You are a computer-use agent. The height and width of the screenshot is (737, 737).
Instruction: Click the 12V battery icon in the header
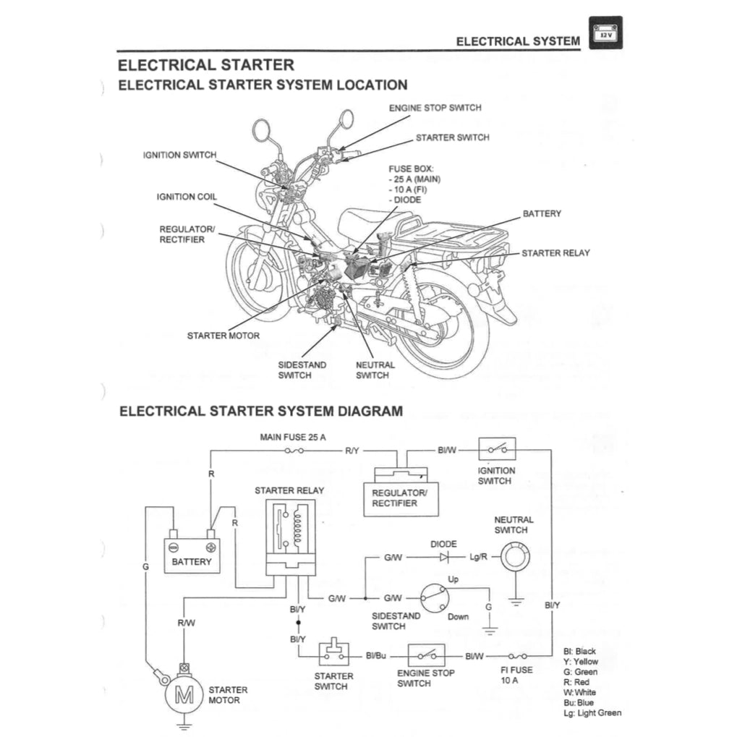click(605, 33)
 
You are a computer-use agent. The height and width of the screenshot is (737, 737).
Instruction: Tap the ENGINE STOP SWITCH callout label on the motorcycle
click(435, 108)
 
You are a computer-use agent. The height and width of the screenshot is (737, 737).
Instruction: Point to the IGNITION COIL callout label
click(187, 197)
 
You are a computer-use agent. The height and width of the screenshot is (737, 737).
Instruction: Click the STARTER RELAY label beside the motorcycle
click(555, 253)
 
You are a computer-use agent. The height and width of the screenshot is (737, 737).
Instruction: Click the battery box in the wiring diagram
click(192, 555)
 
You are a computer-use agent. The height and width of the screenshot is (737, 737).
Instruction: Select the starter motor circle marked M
click(185, 697)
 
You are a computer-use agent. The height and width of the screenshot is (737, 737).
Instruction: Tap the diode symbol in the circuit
click(444, 558)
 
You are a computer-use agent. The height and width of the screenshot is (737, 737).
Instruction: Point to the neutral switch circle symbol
click(514, 558)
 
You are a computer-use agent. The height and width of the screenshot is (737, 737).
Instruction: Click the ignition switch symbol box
click(497, 450)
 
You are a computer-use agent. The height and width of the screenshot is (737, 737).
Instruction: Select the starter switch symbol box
click(333, 655)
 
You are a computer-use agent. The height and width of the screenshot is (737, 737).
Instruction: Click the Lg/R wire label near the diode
click(479, 558)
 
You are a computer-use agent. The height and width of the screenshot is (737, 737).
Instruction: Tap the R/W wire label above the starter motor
click(186, 622)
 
